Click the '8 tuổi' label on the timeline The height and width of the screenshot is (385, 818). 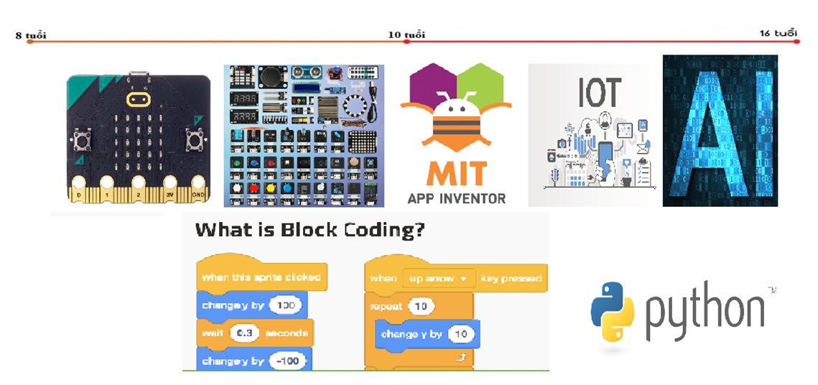[x=30, y=35]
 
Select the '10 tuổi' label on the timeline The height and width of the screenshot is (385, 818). [x=406, y=34]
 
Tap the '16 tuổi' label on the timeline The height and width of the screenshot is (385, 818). [x=778, y=34]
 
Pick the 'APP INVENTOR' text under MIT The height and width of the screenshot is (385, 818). [x=456, y=198]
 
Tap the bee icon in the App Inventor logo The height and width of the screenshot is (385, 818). [x=455, y=116]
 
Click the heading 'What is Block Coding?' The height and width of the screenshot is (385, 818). [x=310, y=231]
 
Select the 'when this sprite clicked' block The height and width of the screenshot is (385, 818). [x=261, y=277]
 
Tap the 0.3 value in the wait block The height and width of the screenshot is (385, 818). [x=244, y=333]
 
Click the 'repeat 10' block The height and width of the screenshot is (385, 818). [x=396, y=306]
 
